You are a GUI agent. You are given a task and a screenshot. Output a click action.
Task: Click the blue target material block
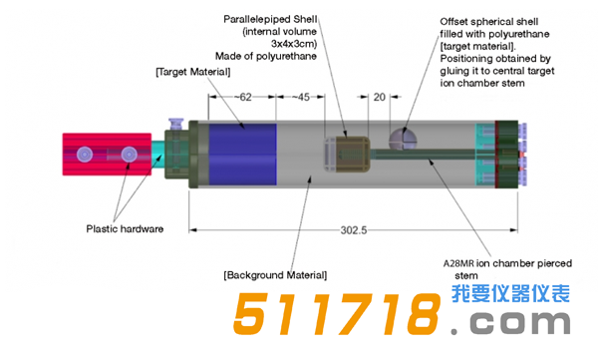tap(242, 154)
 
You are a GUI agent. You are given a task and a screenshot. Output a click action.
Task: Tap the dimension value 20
tap(379, 98)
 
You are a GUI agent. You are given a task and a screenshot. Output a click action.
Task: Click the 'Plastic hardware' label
tap(124, 228)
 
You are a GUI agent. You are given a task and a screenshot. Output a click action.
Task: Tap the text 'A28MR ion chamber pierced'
tap(507, 262)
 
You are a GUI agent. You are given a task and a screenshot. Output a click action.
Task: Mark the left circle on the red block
tap(86, 155)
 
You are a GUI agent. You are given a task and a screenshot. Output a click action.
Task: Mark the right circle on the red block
tap(129, 155)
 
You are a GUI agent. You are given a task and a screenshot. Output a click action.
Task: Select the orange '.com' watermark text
tap(513, 324)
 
